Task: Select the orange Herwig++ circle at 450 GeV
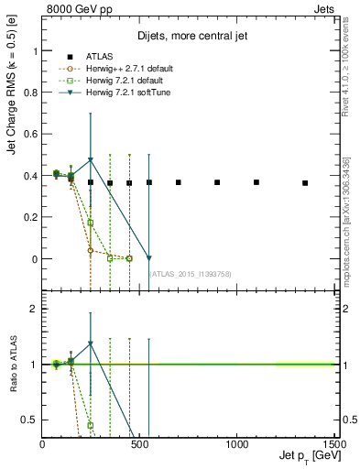pyautogui.click(x=129, y=258)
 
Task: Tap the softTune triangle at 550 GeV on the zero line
pyautogui.click(x=148, y=258)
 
